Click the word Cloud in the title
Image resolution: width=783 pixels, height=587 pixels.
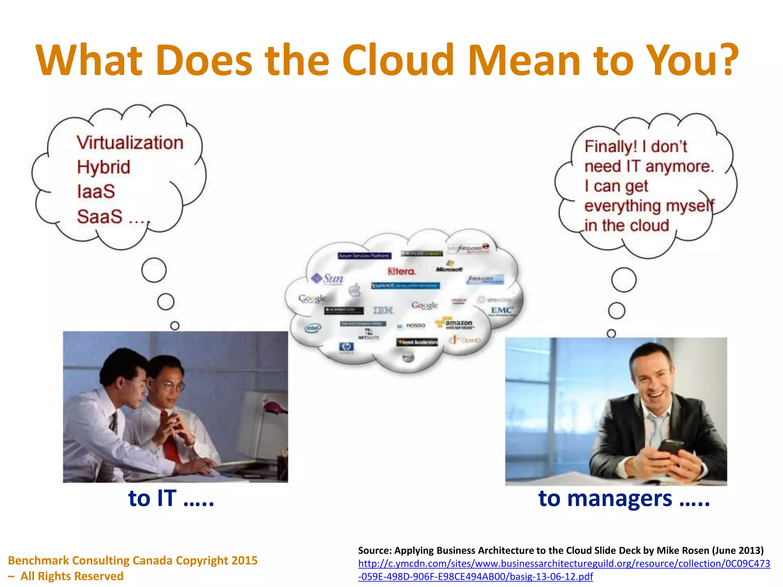point(398,60)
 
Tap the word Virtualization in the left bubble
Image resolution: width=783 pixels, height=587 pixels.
point(130,143)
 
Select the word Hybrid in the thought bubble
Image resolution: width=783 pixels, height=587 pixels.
point(104,167)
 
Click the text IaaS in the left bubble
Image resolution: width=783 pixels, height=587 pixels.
point(96,191)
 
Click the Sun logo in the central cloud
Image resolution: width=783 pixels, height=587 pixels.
point(328,278)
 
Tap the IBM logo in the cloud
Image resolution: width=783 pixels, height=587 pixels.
point(383,310)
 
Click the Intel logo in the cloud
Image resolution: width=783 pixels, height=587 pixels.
point(313,328)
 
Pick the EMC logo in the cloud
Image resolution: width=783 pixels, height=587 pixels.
point(502,310)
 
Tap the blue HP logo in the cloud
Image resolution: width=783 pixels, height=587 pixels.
point(346,347)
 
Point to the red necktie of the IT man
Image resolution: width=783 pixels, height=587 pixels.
point(169,439)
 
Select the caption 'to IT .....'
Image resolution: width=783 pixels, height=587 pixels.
point(171,498)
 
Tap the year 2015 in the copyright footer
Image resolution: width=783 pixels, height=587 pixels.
point(244,560)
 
